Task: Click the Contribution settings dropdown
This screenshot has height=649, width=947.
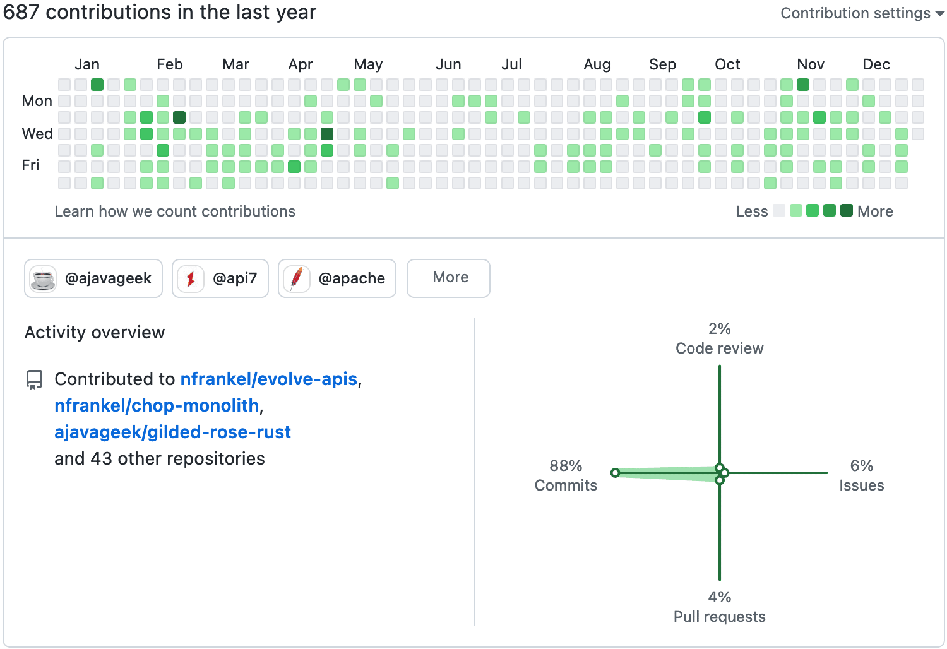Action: point(862,13)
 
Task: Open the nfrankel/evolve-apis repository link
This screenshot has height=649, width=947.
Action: point(269,379)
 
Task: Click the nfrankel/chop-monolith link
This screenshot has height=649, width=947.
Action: point(157,405)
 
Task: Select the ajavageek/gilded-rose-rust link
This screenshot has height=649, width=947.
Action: point(172,432)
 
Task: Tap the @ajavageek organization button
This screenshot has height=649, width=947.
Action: point(93,278)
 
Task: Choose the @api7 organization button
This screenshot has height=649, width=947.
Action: point(220,278)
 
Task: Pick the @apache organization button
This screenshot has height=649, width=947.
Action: point(337,278)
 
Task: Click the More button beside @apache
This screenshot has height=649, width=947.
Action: point(448,278)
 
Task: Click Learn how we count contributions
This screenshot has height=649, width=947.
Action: point(175,211)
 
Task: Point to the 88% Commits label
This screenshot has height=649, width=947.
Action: point(566,475)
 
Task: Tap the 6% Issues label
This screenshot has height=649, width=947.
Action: point(861,475)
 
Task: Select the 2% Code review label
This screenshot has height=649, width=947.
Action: point(719,338)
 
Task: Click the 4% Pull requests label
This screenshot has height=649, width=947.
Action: point(719,607)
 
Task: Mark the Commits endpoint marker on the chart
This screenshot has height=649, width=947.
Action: point(615,473)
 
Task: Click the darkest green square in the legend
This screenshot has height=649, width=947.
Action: point(847,211)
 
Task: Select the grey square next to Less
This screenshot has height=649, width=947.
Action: point(779,211)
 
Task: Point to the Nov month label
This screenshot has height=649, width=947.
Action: point(811,64)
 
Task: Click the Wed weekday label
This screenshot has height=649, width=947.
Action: point(37,134)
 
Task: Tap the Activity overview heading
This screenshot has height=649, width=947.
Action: point(95,333)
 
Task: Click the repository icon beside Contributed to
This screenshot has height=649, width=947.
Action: point(34,379)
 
